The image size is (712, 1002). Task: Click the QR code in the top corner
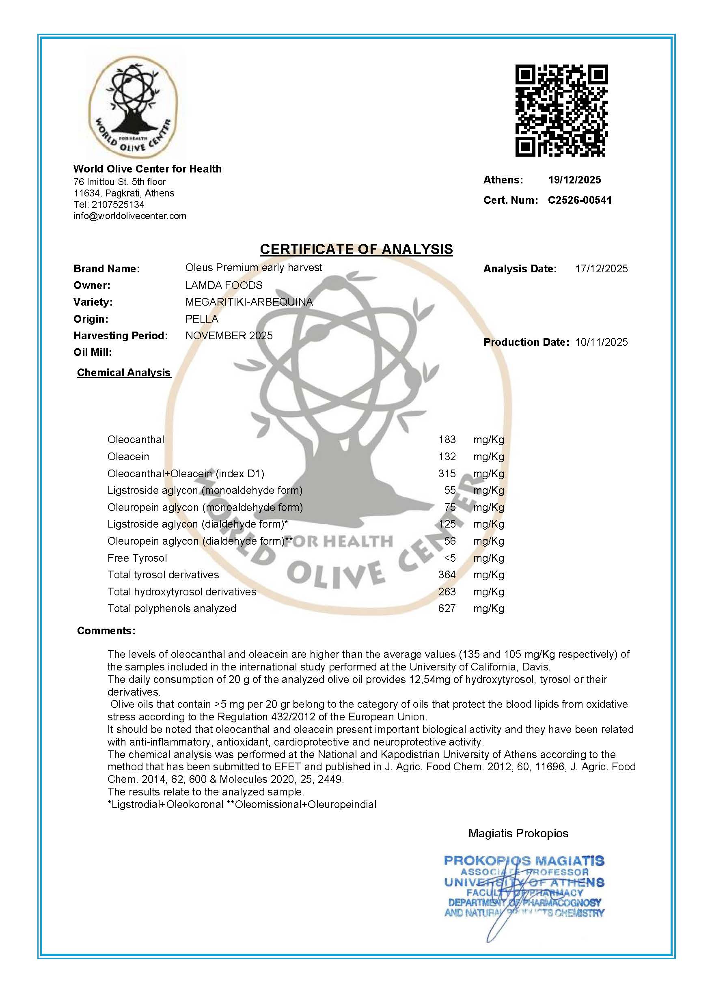tap(561, 110)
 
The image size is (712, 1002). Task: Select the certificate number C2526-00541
tap(580, 200)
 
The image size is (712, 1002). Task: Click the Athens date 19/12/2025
tap(574, 180)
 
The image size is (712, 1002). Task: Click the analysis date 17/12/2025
tap(601, 269)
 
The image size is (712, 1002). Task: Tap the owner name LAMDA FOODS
tap(224, 285)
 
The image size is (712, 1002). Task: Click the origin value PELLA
tap(202, 319)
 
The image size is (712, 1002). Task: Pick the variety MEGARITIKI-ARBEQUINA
tap(249, 302)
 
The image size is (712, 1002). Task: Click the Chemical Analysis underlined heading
tap(124, 373)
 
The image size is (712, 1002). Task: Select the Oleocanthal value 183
tap(447, 440)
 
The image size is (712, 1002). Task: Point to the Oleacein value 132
tap(447, 457)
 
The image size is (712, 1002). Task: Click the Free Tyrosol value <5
tap(450, 558)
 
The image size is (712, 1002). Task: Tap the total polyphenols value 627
tap(447, 608)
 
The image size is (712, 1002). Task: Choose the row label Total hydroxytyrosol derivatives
tap(182, 592)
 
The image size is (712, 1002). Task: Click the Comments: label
tap(106, 631)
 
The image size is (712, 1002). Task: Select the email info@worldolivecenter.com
tap(130, 215)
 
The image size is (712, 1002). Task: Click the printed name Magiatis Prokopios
tap(518, 833)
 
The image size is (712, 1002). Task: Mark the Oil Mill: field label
tap(93, 352)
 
